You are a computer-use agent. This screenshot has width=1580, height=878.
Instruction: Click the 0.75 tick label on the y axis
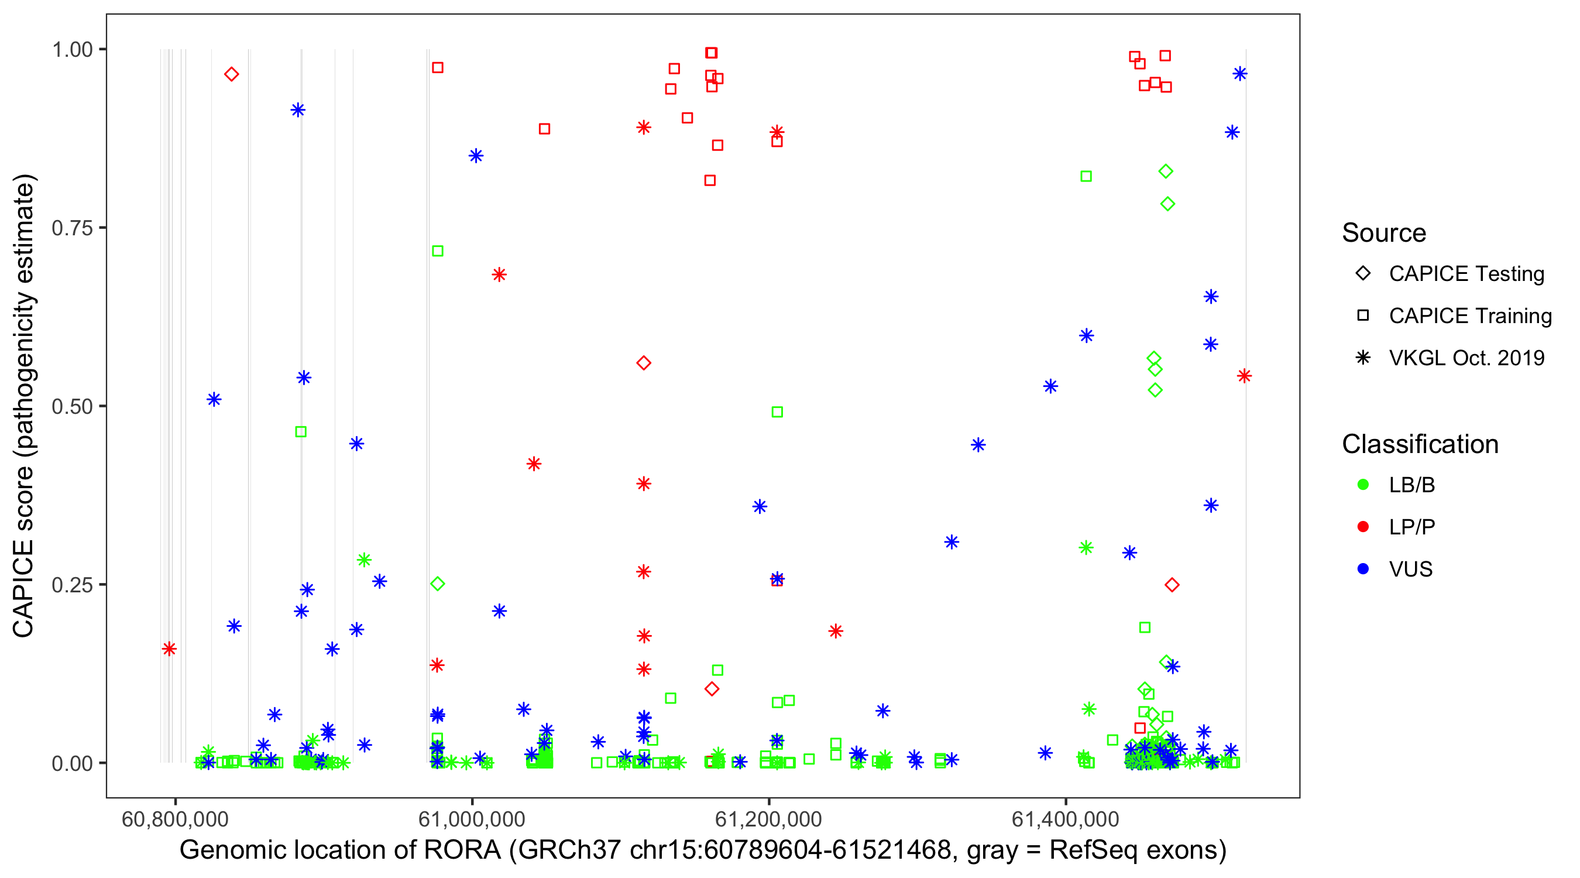pos(71,228)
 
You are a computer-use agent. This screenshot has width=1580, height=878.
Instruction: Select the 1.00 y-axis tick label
pos(71,49)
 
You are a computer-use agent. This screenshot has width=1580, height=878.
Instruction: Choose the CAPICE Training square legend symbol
pos(1363,315)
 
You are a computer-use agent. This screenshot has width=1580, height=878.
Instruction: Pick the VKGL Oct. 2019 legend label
pos(1466,358)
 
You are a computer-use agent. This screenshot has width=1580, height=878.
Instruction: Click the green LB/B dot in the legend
pos(1363,485)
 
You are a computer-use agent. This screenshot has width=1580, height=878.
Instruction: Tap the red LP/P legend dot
pos(1363,527)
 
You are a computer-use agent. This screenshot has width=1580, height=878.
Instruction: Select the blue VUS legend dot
pos(1363,569)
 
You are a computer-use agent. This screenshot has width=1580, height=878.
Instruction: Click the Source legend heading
pos(1384,233)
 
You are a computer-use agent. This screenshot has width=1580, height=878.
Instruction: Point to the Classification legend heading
pos(1420,444)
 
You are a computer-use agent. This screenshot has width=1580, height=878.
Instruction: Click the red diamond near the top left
pos(231,74)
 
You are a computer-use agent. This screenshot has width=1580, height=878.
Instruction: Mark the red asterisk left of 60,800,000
pos(169,649)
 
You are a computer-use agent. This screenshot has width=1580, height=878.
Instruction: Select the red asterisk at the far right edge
pos(1244,376)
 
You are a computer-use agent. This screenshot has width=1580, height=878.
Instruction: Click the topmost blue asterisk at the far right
pos(1239,74)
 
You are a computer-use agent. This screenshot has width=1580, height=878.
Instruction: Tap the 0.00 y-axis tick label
pos(71,763)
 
